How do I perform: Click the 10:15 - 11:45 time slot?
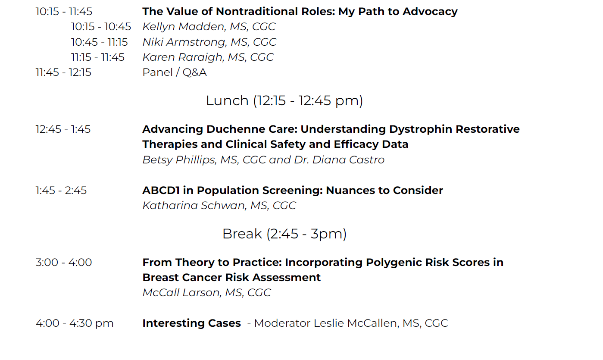(x=64, y=12)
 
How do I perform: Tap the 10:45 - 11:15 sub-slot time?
(x=99, y=42)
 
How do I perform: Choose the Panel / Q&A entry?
(x=175, y=72)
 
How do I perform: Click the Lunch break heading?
(x=284, y=101)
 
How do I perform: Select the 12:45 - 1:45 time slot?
(x=63, y=129)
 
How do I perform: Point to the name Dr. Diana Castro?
(x=339, y=160)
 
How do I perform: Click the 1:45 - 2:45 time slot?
(x=61, y=191)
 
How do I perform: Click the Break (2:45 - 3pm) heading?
(x=284, y=234)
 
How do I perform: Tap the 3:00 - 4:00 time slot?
(x=64, y=262)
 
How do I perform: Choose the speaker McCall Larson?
(x=181, y=293)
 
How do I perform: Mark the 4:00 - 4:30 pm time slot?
(x=75, y=323)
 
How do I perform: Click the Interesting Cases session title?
(x=192, y=323)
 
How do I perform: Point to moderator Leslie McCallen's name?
(x=356, y=323)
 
